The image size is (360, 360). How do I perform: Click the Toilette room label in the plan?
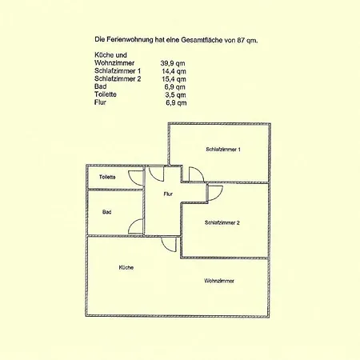tap(107, 177)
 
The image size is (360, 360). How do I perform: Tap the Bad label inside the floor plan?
tap(106, 212)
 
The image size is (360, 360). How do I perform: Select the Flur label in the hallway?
tap(168, 194)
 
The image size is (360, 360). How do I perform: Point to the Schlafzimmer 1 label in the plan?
tap(223, 150)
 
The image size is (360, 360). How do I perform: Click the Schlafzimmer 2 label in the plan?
tap(222, 222)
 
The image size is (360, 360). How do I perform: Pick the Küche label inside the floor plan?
tap(126, 267)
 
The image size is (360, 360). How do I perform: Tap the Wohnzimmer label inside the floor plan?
tap(219, 281)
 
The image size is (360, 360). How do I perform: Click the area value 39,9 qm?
tap(173, 63)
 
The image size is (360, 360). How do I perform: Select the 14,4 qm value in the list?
tap(174, 71)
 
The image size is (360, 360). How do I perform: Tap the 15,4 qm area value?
tap(174, 79)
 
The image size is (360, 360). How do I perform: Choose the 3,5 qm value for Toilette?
tap(175, 95)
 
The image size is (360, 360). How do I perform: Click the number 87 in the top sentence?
tap(241, 40)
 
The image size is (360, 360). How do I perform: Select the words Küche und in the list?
tap(110, 55)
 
